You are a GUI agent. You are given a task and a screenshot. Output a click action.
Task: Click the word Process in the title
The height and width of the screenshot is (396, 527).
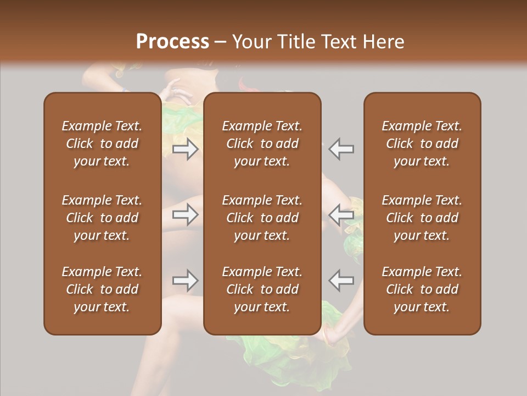pyautogui.click(x=172, y=42)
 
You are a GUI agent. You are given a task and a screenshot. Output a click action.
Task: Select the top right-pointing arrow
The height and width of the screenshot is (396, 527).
pyautogui.click(x=186, y=149)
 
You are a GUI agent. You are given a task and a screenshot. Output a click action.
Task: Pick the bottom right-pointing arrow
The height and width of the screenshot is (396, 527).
pyautogui.click(x=186, y=280)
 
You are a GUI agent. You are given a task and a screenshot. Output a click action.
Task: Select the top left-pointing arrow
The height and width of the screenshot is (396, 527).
pyautogui.click(x=341, y=149)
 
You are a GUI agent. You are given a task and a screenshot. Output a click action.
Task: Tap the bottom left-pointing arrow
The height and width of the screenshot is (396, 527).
pyautogui.click(x=341, y=280)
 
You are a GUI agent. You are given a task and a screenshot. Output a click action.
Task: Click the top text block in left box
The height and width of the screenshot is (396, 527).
pyautogui.click(x=102, y=144)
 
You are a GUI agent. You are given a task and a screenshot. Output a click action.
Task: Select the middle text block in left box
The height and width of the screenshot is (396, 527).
pyautogui.click(x=102, y=218)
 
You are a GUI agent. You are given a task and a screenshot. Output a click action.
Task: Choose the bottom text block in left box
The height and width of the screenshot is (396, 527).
pyautogui.click(x=102, y=289)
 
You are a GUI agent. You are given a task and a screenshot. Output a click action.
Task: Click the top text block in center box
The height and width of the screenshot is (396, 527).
pyautogui.click(x=262, y=144)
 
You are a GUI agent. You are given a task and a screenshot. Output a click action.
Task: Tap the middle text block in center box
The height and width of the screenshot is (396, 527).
pyautogui.click(x=262, y=218)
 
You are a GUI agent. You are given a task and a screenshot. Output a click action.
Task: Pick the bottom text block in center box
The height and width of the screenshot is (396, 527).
pyautogui.click(x=262, y=289)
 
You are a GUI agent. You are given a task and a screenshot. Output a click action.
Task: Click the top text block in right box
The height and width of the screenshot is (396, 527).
pyautogui.click(x=422, y=144)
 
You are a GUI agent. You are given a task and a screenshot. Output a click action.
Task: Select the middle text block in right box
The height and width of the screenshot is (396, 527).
pyautogui.click(x=422, y=218)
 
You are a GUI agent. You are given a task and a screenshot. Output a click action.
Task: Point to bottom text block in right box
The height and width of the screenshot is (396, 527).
pyautogui.click(x=422, y=289)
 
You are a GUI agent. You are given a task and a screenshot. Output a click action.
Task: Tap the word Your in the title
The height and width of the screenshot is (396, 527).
pyautogui.click(x=249, y=42)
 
